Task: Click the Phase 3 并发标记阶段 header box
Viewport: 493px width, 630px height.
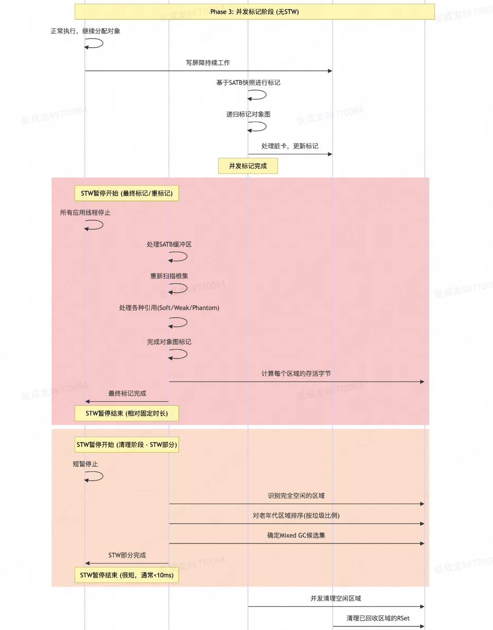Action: [x=254, y=12]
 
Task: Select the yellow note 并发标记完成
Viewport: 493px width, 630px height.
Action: [x=248, y=166]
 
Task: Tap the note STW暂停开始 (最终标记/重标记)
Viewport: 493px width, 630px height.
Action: [x=127, y=193]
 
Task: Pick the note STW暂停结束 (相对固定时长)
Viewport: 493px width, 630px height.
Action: [x=127, y=413]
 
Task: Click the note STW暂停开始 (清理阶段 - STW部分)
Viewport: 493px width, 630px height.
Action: [x=127, y=445]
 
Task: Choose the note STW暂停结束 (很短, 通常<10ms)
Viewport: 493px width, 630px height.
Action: [x=127, y=575]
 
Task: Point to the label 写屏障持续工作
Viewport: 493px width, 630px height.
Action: [x=208, y=63]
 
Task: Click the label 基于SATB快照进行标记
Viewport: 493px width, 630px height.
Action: [x=248, y=83]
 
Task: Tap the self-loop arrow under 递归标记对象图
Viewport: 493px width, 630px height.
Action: [x=258, y=127]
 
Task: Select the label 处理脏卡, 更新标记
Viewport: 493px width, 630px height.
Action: [x=290, y=146]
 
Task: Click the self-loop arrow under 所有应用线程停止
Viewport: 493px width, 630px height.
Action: [x=95, y=225]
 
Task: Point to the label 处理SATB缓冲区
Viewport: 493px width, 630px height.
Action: [x=169, y=245]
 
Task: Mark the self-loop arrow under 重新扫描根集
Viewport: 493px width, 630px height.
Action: [x=178, y=289]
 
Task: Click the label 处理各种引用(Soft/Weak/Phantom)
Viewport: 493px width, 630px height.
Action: [x=169, y=308]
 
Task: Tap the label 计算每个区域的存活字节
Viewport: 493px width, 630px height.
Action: [x=296, y=374]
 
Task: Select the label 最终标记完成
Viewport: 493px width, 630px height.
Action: [x=127, y=393]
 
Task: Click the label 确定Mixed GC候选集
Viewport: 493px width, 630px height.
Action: [x=296, y=535]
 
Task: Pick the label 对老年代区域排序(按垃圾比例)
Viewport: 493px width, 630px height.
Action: [x=296, y=515]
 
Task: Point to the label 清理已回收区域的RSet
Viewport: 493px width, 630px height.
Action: [x=378, y=618]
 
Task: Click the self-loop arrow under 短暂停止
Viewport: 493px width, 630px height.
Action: [x=95, y=477]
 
